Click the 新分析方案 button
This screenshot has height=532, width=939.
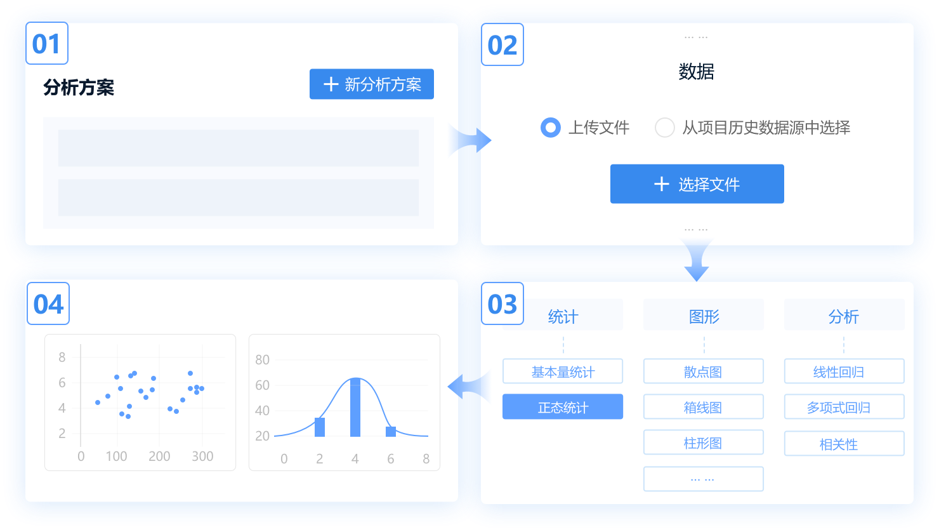click(371, 84)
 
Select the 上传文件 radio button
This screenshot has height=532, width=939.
click(551, 128)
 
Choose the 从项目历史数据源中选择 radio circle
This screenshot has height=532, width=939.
click(665, 128)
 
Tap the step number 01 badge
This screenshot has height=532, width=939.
click(47, 43)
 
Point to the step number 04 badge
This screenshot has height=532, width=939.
click(48, 303)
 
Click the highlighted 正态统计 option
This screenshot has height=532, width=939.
click(563, 406)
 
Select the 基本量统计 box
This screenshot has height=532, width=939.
click(563, 371)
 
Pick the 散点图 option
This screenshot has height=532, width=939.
click(704, 371)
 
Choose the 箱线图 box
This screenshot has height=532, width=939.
click(704, 406)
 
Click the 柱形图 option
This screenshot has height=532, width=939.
click(704, 442)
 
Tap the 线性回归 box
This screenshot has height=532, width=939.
click(844, 371)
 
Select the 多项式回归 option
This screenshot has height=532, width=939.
click(844, 406)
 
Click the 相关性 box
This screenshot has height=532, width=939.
click(844, 443)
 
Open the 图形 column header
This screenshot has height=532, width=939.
click(704, 315)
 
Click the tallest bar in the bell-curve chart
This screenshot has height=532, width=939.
click(355, 408)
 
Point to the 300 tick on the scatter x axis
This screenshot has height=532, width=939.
click(202, 456)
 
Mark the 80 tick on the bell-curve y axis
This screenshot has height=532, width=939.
click(262, 359)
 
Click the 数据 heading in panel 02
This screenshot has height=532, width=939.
click(696, 72)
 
